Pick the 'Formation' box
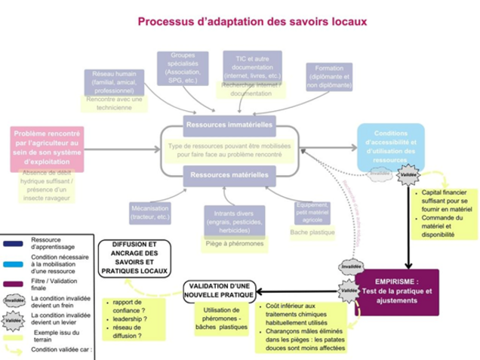329,76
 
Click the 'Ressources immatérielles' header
229,123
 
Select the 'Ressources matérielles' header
227,175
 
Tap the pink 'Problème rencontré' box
51,145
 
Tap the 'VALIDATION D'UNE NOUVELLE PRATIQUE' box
223,291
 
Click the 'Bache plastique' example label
312,232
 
